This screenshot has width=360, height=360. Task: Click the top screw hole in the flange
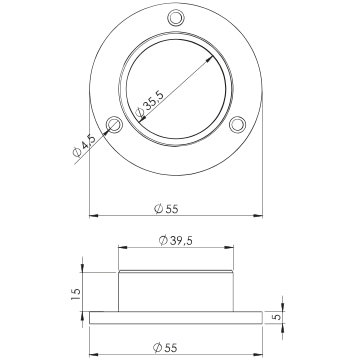176,17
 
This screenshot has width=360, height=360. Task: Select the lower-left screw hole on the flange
114,124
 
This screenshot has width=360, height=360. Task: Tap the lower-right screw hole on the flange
238,124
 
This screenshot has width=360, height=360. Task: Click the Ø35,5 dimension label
150,105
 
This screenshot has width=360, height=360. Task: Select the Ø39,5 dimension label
176,240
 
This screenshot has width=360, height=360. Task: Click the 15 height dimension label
76,294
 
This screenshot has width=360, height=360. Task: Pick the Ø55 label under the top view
166,209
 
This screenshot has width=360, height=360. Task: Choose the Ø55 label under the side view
166,348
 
